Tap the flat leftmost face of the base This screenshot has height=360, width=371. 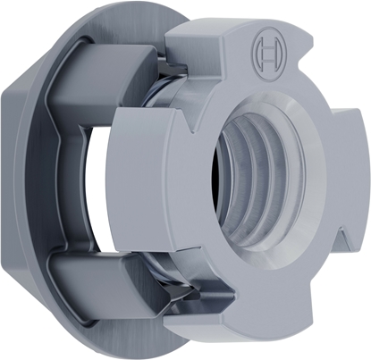click(x=20, y=179)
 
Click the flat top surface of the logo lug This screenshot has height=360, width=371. click(x=241, y=27)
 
